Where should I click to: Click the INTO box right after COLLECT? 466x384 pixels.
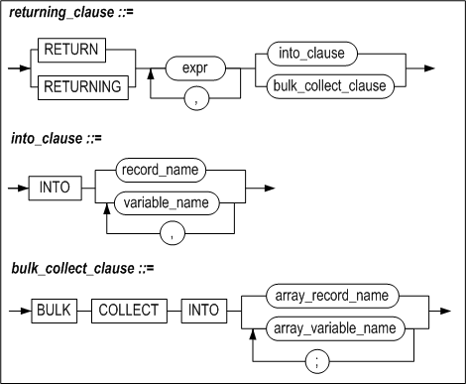coord(206,310)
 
